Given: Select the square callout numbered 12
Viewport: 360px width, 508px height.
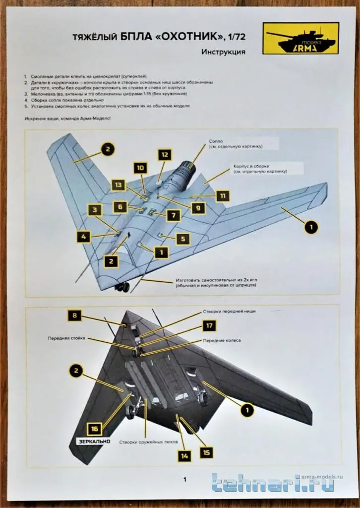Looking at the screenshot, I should [x=165, y=154].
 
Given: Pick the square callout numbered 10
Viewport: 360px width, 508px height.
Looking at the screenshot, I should [x=140, y=168].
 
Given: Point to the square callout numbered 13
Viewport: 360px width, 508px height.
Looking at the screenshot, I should [x=118, y=185].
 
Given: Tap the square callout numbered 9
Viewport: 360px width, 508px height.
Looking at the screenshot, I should [x=197, y=208].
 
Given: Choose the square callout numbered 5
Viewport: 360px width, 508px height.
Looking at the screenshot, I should [x=182, y=239].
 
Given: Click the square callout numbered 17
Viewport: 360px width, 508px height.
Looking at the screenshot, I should [x=209, y=325].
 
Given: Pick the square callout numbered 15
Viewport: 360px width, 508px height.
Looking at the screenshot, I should [x=207, y=452].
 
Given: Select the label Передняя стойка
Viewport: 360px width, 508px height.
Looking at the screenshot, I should [x=67, y=338].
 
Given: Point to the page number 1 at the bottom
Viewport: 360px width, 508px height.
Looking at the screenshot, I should [x=184, y=479].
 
